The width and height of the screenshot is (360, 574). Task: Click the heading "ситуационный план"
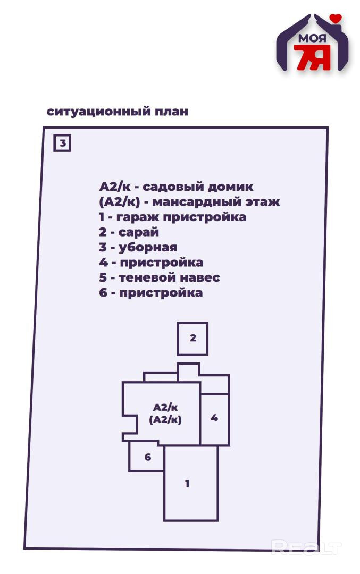point(117,112)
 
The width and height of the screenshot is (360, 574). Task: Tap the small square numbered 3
point(62,143)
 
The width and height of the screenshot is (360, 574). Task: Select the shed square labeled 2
point(192,338)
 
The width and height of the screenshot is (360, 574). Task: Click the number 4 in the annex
point(214,418)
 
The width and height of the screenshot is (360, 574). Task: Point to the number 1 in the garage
point(187,484)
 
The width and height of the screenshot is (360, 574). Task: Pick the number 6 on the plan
point(147,457)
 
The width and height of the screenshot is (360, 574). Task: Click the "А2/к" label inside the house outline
point(165,407)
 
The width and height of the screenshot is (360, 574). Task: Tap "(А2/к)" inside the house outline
point(165,419)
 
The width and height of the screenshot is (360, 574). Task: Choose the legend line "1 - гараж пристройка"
point(172,217)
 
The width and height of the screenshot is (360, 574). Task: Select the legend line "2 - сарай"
point(129,232)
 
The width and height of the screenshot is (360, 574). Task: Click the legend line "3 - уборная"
point(138,247)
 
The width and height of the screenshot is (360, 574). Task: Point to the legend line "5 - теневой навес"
point(159,277)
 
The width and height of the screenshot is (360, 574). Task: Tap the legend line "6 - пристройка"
point(150,293)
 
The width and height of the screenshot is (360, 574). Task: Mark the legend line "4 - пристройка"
point(150,263)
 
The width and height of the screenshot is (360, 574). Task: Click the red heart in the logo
point(335,19)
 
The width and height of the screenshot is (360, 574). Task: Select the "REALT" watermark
point(306,546)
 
